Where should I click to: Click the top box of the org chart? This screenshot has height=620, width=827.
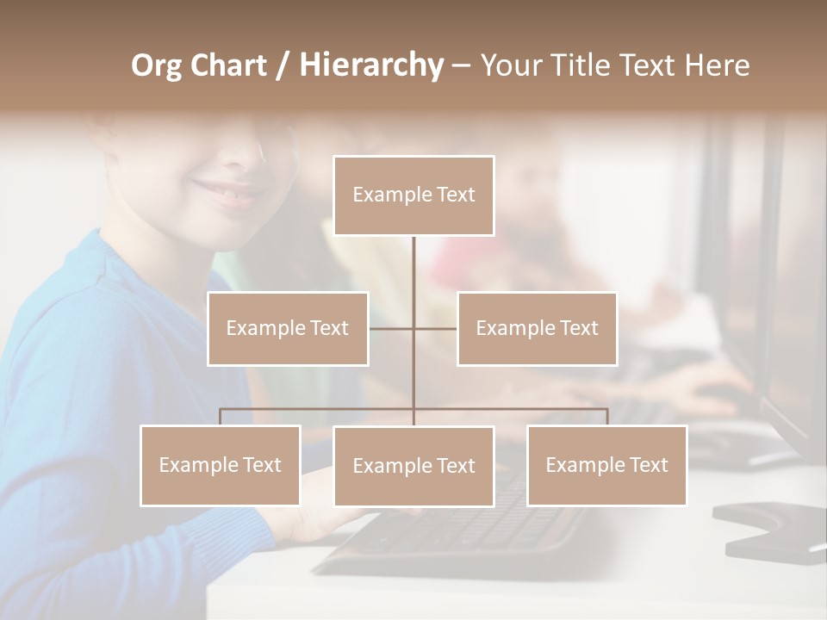pyautogui.click(x=413, y=195)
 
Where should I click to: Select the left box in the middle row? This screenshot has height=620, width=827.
pyautogui.click(x=288, y=328)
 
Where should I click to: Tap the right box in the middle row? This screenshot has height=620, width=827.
pyautogui.click(x=537, y=328)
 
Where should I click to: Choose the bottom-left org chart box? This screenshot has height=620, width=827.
pyautogui.click(x=221, y=465)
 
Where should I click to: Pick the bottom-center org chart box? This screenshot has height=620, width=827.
pyautogui.click(x=413, y=466)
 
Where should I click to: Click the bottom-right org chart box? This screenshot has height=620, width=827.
pyautogui.click(x=606, y=465)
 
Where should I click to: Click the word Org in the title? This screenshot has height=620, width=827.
pyautogui.click(x=157, y=66)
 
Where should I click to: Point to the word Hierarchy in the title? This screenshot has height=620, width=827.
pyautogui.click(x=371, y=66)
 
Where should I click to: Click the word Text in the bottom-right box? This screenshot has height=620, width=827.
pyautogui.click(x=647, y=465)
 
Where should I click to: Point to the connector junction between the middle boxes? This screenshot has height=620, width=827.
pyautogui.click(x=413, y=328)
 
